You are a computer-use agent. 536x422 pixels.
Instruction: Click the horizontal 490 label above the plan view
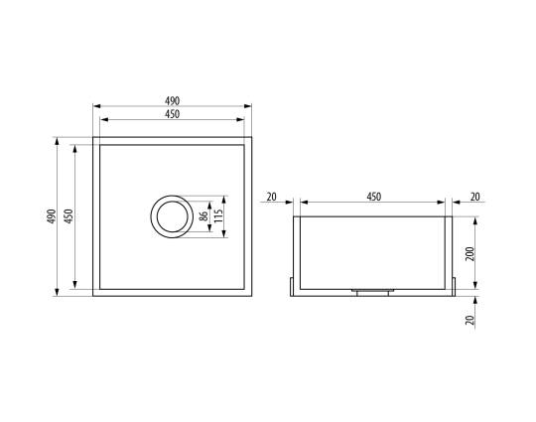(x=172, y=101)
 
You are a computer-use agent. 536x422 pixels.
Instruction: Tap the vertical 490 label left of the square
(x=52, y=216)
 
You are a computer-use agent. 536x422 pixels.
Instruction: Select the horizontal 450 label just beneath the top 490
(x=172, y=114)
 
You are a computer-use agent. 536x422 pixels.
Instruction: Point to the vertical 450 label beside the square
(x=69, y=216)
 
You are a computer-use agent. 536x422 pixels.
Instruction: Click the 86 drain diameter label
(x=203, y=216)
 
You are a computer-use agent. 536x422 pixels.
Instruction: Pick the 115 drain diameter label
(x=218, y=215)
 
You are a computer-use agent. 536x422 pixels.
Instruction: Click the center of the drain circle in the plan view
(x=173, y=216)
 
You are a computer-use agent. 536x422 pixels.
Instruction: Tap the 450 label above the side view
(x=373, y=197)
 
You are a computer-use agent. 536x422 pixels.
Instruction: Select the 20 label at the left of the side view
(x=271, y=197)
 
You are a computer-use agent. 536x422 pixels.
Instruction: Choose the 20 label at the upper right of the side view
(x=474, y=197)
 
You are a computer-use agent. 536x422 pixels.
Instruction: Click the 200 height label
(x=470, y=254)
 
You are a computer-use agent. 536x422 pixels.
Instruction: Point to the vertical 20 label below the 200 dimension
(x=470, y=320)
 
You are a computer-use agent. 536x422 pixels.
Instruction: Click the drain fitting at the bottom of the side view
(x=372, y=292)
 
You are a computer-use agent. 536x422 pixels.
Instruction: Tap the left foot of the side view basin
(x=292, y=287)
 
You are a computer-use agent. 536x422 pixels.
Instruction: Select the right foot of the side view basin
(x=454, y=287)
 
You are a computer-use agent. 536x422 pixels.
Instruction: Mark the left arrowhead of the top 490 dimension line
(x=96, y=106)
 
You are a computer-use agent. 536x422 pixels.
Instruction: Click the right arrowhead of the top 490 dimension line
(x=248, y=106)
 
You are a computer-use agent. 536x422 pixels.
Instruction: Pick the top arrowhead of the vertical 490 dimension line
(x=58, y=141)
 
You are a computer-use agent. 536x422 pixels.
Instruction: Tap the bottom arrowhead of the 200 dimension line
(x=475, y=285)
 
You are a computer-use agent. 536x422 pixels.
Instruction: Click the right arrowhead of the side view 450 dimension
(x=442, y=203)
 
